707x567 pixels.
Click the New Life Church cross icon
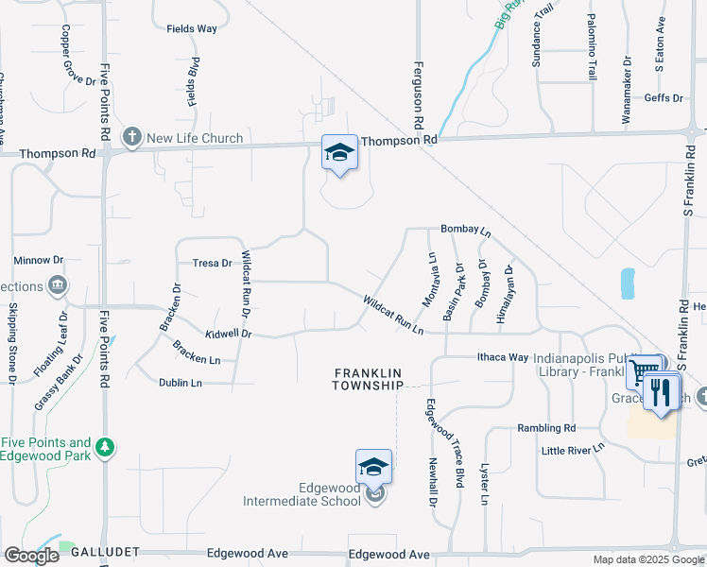click(131, 138)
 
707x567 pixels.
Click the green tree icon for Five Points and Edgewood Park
click(106, 445)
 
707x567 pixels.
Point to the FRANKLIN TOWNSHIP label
click(369, 379)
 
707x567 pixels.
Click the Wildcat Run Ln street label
click(392, 314)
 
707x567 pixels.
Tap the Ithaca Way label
click(501, 357)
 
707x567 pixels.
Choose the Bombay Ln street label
click(466, 231)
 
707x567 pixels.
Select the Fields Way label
click(192, 28)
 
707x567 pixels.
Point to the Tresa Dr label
click(212, 264)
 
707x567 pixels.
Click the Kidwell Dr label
click(228, 334)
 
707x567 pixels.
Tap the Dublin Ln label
click(182, 383)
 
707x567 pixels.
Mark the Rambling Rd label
click(546, 428)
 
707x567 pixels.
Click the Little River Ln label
click(573, 451)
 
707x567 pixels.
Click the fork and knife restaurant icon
click(662, 390)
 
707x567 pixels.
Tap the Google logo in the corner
click(31, 556)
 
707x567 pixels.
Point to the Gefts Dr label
click(664, 98)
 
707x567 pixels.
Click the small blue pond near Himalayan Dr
click(628, 283)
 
